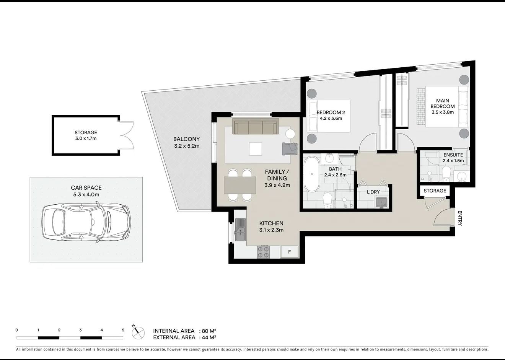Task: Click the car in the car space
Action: pyautogui.click(x=86, y=222)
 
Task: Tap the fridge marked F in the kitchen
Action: pyautogui.click(x=290, y=252)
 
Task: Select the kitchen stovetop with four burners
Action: pyautogui.click(x=264, y=252)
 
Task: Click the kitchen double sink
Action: pyautogui.click(x=240, y=230)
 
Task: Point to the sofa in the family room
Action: pyautogui.click(x=256, y=126)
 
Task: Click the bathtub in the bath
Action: pyautogui.click(x=312, y=174)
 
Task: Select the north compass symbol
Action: pyautogui.click(x=138, y=333)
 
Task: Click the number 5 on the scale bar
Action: pyautogui.click(x=123, y=330)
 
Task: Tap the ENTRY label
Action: pyautogui.click(x=460, y=218)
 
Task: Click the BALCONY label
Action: pyautogui.click(x=186, y=139)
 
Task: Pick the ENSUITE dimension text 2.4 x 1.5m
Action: pyautogui.click(x=453, y=161)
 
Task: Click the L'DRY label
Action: pyautogui.click(x=373, y=192)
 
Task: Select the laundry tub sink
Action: pyautogui.click(x=381, y=202)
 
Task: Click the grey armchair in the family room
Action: pyautogui.click(x=290, y=149)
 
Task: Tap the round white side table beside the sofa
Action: pyautogui.click(x=290, y=134)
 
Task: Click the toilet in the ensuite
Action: pyautogui.click(x=446, y=174)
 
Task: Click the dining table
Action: pyautogui.click(x=240, y=185)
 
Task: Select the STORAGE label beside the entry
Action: pyautogui.click(x=435, y=191)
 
